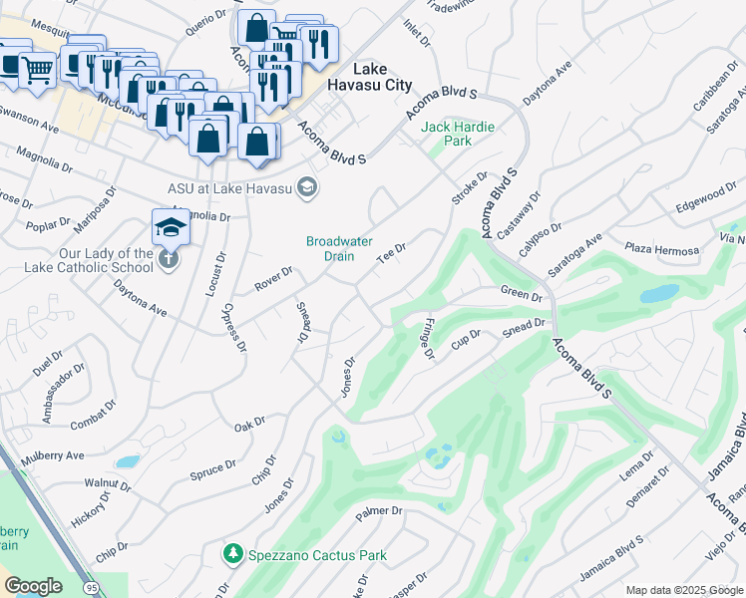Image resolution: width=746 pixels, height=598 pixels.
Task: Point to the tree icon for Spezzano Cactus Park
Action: point(232,552)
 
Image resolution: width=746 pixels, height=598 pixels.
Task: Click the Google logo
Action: point(33,586)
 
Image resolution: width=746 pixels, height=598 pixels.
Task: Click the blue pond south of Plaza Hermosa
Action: point(657,295)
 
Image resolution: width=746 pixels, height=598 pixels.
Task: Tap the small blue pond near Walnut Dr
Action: point(127,462)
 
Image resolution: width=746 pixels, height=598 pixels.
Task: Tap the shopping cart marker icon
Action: point(37,70)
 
